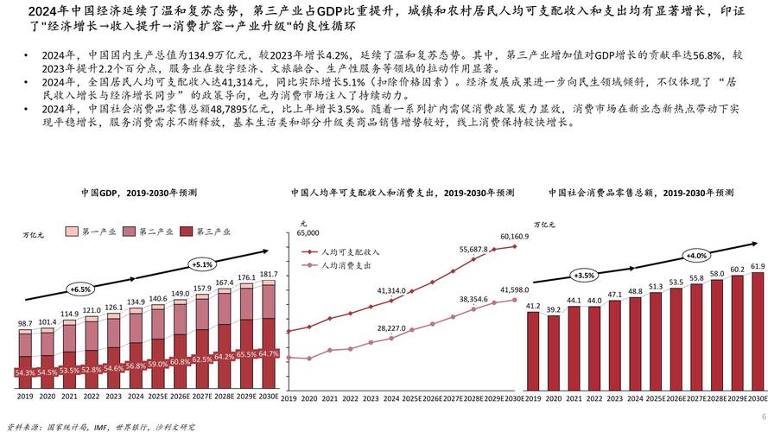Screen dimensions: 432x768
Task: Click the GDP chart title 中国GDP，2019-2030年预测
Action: [139, 192]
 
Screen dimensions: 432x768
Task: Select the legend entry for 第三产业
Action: [207, 232]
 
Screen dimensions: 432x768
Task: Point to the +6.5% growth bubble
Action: [79, 289]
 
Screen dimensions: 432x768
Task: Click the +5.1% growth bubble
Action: [202, 264]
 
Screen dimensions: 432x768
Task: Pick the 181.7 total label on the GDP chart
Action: [269, 274]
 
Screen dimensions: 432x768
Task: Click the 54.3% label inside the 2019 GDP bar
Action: [25, 372]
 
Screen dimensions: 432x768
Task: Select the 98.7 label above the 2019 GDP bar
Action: [25, 324]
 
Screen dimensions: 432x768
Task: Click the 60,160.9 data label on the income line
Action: [514, 236]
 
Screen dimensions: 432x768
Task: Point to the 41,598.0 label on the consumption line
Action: [514, 290]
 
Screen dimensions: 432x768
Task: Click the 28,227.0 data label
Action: [391, 328]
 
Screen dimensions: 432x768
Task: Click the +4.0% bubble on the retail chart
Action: [695, 257]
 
